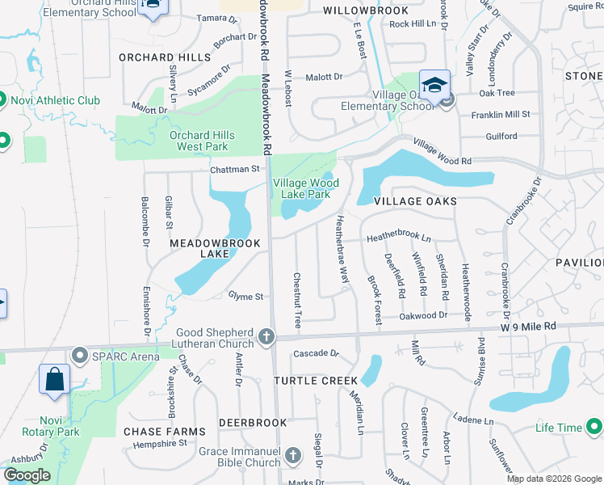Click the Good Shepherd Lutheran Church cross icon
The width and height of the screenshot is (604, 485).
click(x=266, y=336)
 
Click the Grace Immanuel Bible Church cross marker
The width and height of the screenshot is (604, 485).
click(x=292, y=457)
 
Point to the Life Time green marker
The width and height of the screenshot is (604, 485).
click(x=594, y=427)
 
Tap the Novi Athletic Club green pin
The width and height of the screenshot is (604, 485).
click(x=2, y=100)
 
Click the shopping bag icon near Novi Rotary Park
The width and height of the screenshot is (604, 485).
click(x=54, y=379)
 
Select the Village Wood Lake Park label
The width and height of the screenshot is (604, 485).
click(x=301, y=189)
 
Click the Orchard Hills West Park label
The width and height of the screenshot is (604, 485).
click(x=199, y=141)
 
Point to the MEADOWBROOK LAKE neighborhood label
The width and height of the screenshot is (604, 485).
click(x=214, y=248)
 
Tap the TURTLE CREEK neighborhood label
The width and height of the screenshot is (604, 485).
click(x=315, y=380)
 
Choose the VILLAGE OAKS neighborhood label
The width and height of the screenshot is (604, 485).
click(x=416, y=200)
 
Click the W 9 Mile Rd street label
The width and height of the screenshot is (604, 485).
click(x=528, y=326)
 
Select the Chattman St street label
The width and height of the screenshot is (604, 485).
click(x=235, y=170)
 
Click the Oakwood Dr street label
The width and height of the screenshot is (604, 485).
click(x=424, y=316)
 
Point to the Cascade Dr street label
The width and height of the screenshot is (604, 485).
click(x=314, y=353)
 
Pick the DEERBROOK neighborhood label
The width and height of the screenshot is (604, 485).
click(x=253, y=423)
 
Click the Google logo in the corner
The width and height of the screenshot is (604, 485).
click(x=26, y=475)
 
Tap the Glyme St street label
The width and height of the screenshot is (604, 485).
click(x=246, y=297)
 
